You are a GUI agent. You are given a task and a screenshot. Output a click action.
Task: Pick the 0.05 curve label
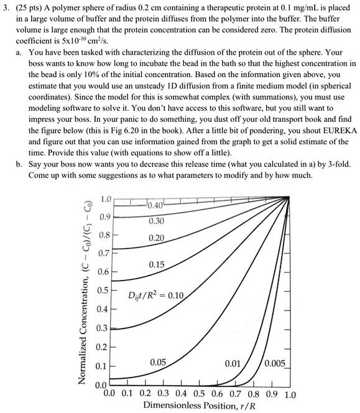[x=159, y=362]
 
